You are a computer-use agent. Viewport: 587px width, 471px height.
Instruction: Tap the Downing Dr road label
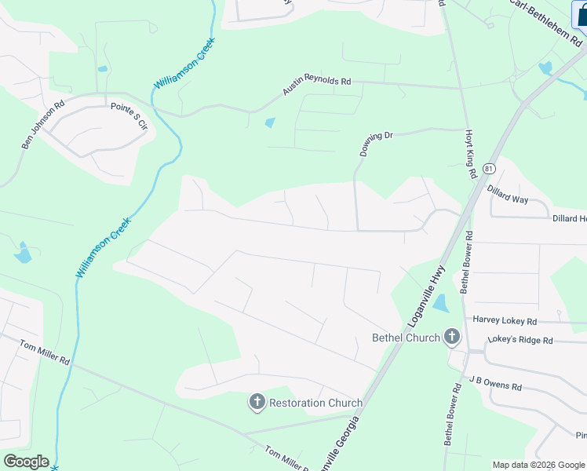click(375, 144)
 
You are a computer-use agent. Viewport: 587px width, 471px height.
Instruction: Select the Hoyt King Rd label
click(471, 154)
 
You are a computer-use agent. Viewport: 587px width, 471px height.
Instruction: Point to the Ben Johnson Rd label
click(43, 124)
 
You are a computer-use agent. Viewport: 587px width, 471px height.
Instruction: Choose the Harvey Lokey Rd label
click(504, 321)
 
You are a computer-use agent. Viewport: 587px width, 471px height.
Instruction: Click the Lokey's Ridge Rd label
click(520, 340)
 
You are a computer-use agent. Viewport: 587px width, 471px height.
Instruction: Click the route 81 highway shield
click(490, 169)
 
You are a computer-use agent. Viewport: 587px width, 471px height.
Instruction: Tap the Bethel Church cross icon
click(451, 338)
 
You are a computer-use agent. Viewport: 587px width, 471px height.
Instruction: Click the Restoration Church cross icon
click(257, 403)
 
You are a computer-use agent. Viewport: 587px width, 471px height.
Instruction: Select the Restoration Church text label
click(315, 403)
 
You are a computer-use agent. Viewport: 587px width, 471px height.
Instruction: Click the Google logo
click(26, 462)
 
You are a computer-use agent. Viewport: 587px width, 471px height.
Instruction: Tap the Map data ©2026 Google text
click(538, 465)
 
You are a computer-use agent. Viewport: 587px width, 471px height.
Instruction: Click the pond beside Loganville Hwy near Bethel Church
click(440, 303)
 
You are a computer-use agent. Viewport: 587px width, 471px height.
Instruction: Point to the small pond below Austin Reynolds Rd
click(271, 122)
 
